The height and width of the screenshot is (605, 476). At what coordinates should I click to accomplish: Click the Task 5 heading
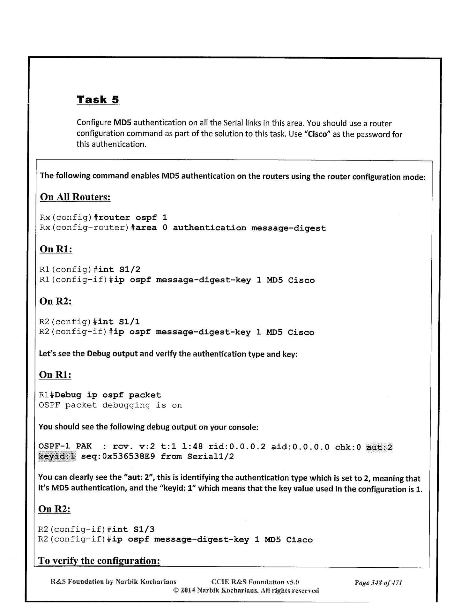pyautogui.click(x=98, y=100)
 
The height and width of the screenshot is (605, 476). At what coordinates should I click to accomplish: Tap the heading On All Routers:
pyautogui.click(x=75, y=197)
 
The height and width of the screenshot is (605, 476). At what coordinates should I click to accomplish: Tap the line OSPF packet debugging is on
pyautogui.click(x=110, y=405)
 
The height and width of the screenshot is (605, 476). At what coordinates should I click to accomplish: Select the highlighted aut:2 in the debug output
pyautogui.click(x=379, y=447)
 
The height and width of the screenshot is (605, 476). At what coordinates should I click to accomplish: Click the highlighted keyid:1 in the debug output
pyautogui.click(x=57, y=457)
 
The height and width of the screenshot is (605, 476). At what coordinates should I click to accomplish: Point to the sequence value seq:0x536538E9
pyautogui.click(x=118, y=457)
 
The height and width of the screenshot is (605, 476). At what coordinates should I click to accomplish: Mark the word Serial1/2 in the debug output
pyautogui.click(x=210, y=457)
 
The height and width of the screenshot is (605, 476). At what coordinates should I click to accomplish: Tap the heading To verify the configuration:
pyautogui.click(x=99, y=561)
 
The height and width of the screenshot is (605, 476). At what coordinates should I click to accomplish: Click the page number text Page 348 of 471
pyautogui.click(x=378, y=583)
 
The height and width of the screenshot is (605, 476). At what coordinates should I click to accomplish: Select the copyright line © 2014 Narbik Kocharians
pyautogui.click(x=246, y=590)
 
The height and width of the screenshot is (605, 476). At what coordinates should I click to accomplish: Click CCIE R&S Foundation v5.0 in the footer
pyautogui.click(x=255, y=582)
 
